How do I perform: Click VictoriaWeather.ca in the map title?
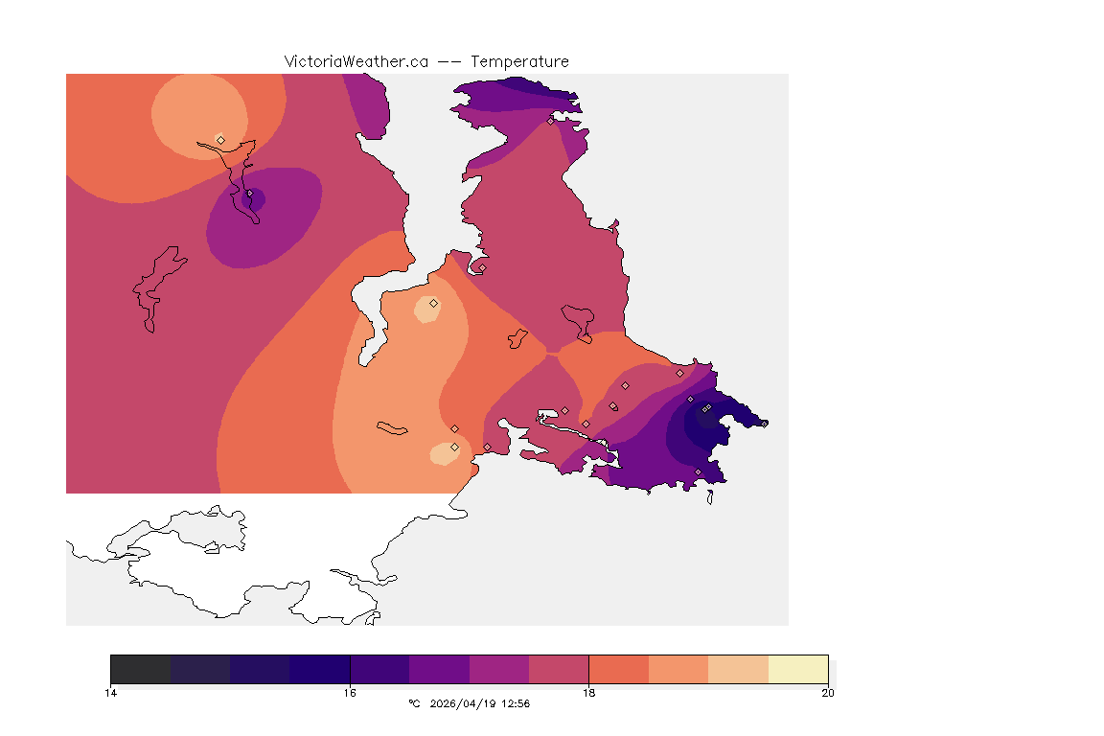click(356, 61)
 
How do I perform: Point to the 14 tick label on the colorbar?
click(111, 692)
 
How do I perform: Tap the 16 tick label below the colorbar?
click(350, 692)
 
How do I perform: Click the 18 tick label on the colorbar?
click(588, 692)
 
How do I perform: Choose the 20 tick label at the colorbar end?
click(827, 692)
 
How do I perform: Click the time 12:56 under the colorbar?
click(515, 703)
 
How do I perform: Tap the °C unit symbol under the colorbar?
click(414, 703)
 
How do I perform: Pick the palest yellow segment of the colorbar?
click(797, 669)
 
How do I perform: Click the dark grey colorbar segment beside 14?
click(141, 669)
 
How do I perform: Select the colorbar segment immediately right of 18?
click(618, 669)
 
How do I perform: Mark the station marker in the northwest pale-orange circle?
click(220, 140)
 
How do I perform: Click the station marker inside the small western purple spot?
click(249, 194)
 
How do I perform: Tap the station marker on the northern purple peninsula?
click(550, 121)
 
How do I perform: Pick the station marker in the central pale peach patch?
click(433, 303)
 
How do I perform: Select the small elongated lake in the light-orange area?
click(392, 427)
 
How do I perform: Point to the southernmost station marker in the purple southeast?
click(698, 471)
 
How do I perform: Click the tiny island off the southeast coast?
click(709, 496)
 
